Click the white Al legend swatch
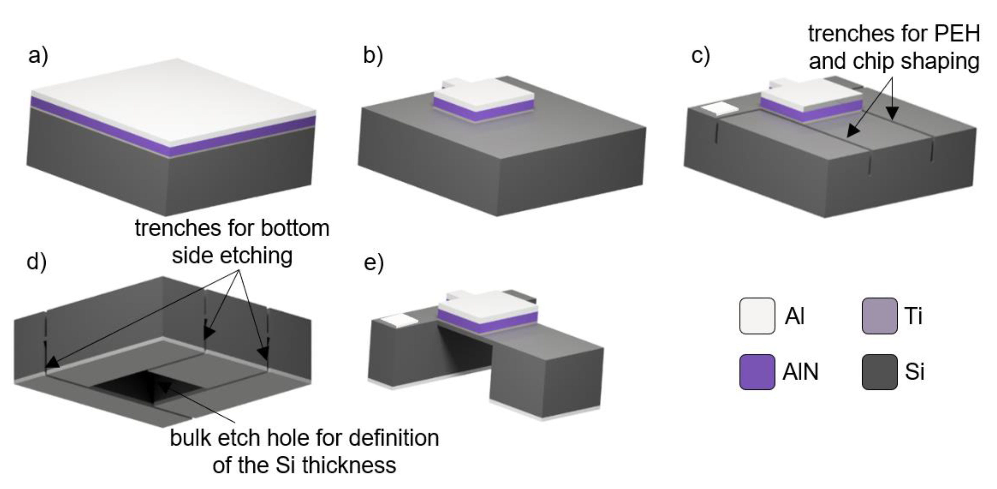tap(757, 316)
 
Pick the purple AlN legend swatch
tap(757, 372)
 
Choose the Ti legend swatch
tap(879, 316)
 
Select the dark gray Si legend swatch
tap(879, 372)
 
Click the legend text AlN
tap(800, 372)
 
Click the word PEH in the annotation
tap(957, 34)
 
